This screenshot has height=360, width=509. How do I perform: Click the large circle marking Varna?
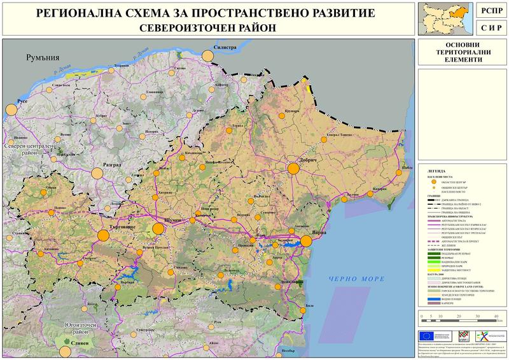(x=306, y=240)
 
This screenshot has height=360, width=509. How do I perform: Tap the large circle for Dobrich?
(x=293, y=169)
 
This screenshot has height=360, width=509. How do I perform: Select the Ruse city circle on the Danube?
(x=11, y=109)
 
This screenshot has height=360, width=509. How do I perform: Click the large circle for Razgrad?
(x=97, y=172)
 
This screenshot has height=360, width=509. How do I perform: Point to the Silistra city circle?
(x=207, y=56)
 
